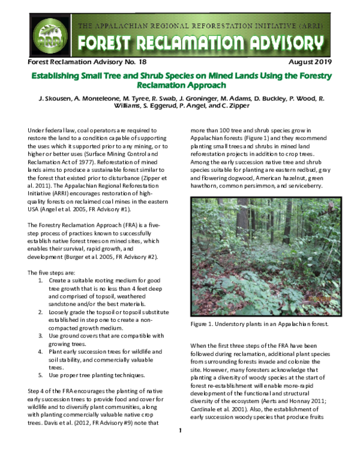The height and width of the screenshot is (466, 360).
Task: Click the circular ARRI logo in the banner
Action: point(46,35)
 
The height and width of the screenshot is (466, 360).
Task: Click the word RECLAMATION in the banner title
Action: point(184,43)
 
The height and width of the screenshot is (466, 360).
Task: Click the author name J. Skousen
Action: point(58,98)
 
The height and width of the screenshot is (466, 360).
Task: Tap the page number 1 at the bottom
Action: point(180,447)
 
